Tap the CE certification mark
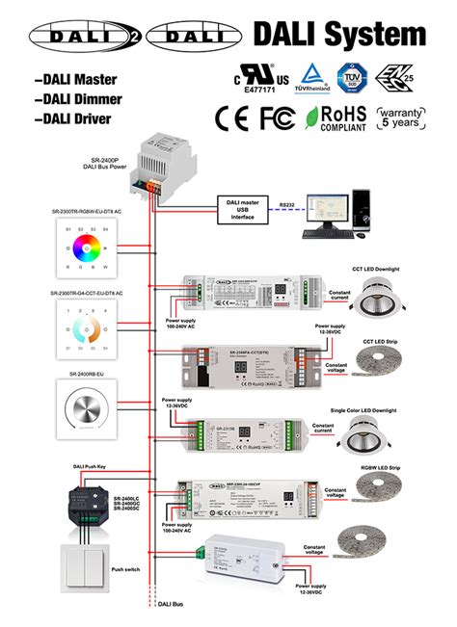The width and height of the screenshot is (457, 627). point(233,118)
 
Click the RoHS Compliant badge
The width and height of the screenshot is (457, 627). point(336,118)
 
